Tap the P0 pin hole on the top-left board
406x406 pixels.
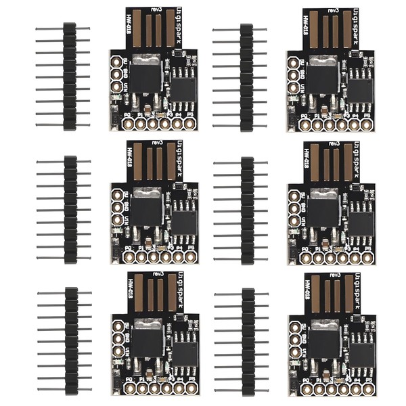pyautogui.click(x=128, y=124)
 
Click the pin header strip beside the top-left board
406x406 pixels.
pyautogui.click(x=69, y=76)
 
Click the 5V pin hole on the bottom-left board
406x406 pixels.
pyautogui.click(x=117, y=325)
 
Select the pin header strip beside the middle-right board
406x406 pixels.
pyautogui.click(x=247, y=208)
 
